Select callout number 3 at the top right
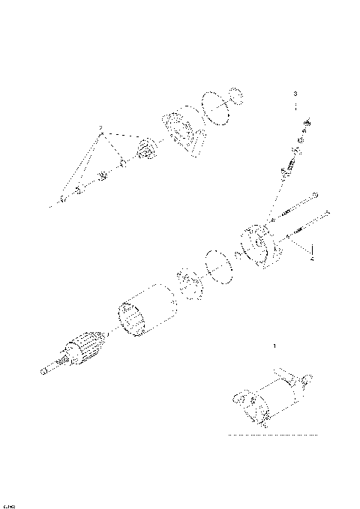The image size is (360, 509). click(x=295, y=94)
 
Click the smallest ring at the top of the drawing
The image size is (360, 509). click(x=237, y=97)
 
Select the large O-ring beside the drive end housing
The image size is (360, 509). click(x=214, y=108)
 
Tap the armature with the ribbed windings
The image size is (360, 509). click(x=82, y=350)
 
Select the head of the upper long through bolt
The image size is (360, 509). click(x=315, y=196)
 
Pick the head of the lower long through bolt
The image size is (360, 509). click(x=327, y=214)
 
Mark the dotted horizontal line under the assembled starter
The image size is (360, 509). click(x=273, y=435)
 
